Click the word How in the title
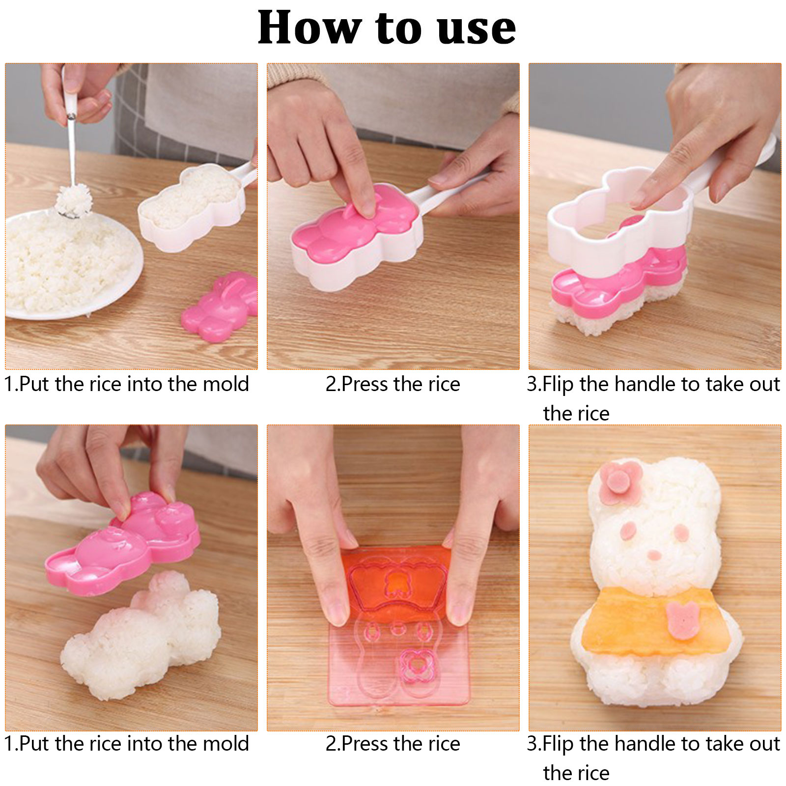[x=310, y=28]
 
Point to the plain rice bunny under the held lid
[x=142, y=639]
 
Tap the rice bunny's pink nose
[x=654, y=555]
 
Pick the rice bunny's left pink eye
[x=628, y=530]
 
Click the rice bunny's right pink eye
[x=680, y=533]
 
